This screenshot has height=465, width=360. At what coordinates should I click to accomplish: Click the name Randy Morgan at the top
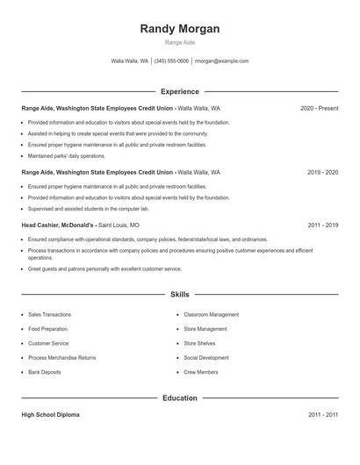tap(180, 29)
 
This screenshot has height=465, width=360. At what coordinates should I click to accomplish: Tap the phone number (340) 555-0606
tap(171, 61)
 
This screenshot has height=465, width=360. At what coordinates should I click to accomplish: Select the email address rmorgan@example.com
tap(221, 61)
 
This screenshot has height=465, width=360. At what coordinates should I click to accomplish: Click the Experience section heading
tap(180, 91)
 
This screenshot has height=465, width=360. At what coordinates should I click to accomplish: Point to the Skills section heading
tap(180, 295)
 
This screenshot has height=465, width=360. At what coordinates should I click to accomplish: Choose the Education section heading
tap(180, 398)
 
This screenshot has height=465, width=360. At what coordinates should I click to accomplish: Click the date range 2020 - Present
tap(319, 108)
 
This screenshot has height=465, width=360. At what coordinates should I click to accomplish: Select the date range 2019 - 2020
tap(322, 173)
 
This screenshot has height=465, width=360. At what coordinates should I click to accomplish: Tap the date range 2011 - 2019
tap(322, 225)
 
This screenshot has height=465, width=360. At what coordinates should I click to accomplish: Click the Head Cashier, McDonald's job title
tap(58, 225)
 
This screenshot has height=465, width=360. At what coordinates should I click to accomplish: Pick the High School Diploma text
tap(50, 414)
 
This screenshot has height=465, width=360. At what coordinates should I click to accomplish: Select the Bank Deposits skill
tap(45, 372)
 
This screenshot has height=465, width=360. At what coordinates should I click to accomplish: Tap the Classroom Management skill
tap(211, 314)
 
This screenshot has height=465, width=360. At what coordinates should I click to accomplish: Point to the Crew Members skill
tap(201, 372)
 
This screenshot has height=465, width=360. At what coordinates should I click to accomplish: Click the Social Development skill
tap(206, 358)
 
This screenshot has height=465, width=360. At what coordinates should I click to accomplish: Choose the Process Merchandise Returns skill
tap(61, 358)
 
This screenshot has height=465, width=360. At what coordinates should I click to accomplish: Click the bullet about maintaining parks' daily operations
tap(66, 156)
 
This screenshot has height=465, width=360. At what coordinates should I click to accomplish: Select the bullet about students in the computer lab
tap(88, 209)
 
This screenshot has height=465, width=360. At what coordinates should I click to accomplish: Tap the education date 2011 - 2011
tap(322, 414)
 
